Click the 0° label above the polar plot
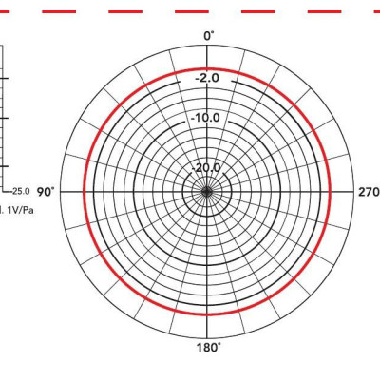[208, 36]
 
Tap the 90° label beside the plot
[46, 192]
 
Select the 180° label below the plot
[208, 348]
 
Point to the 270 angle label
[369, 192]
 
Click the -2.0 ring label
[207, 78]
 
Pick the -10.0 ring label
[205, 118]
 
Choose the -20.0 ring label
[205, 168]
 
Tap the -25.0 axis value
[20, 191]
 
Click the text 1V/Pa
[21, 210]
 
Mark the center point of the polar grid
[207, 192]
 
